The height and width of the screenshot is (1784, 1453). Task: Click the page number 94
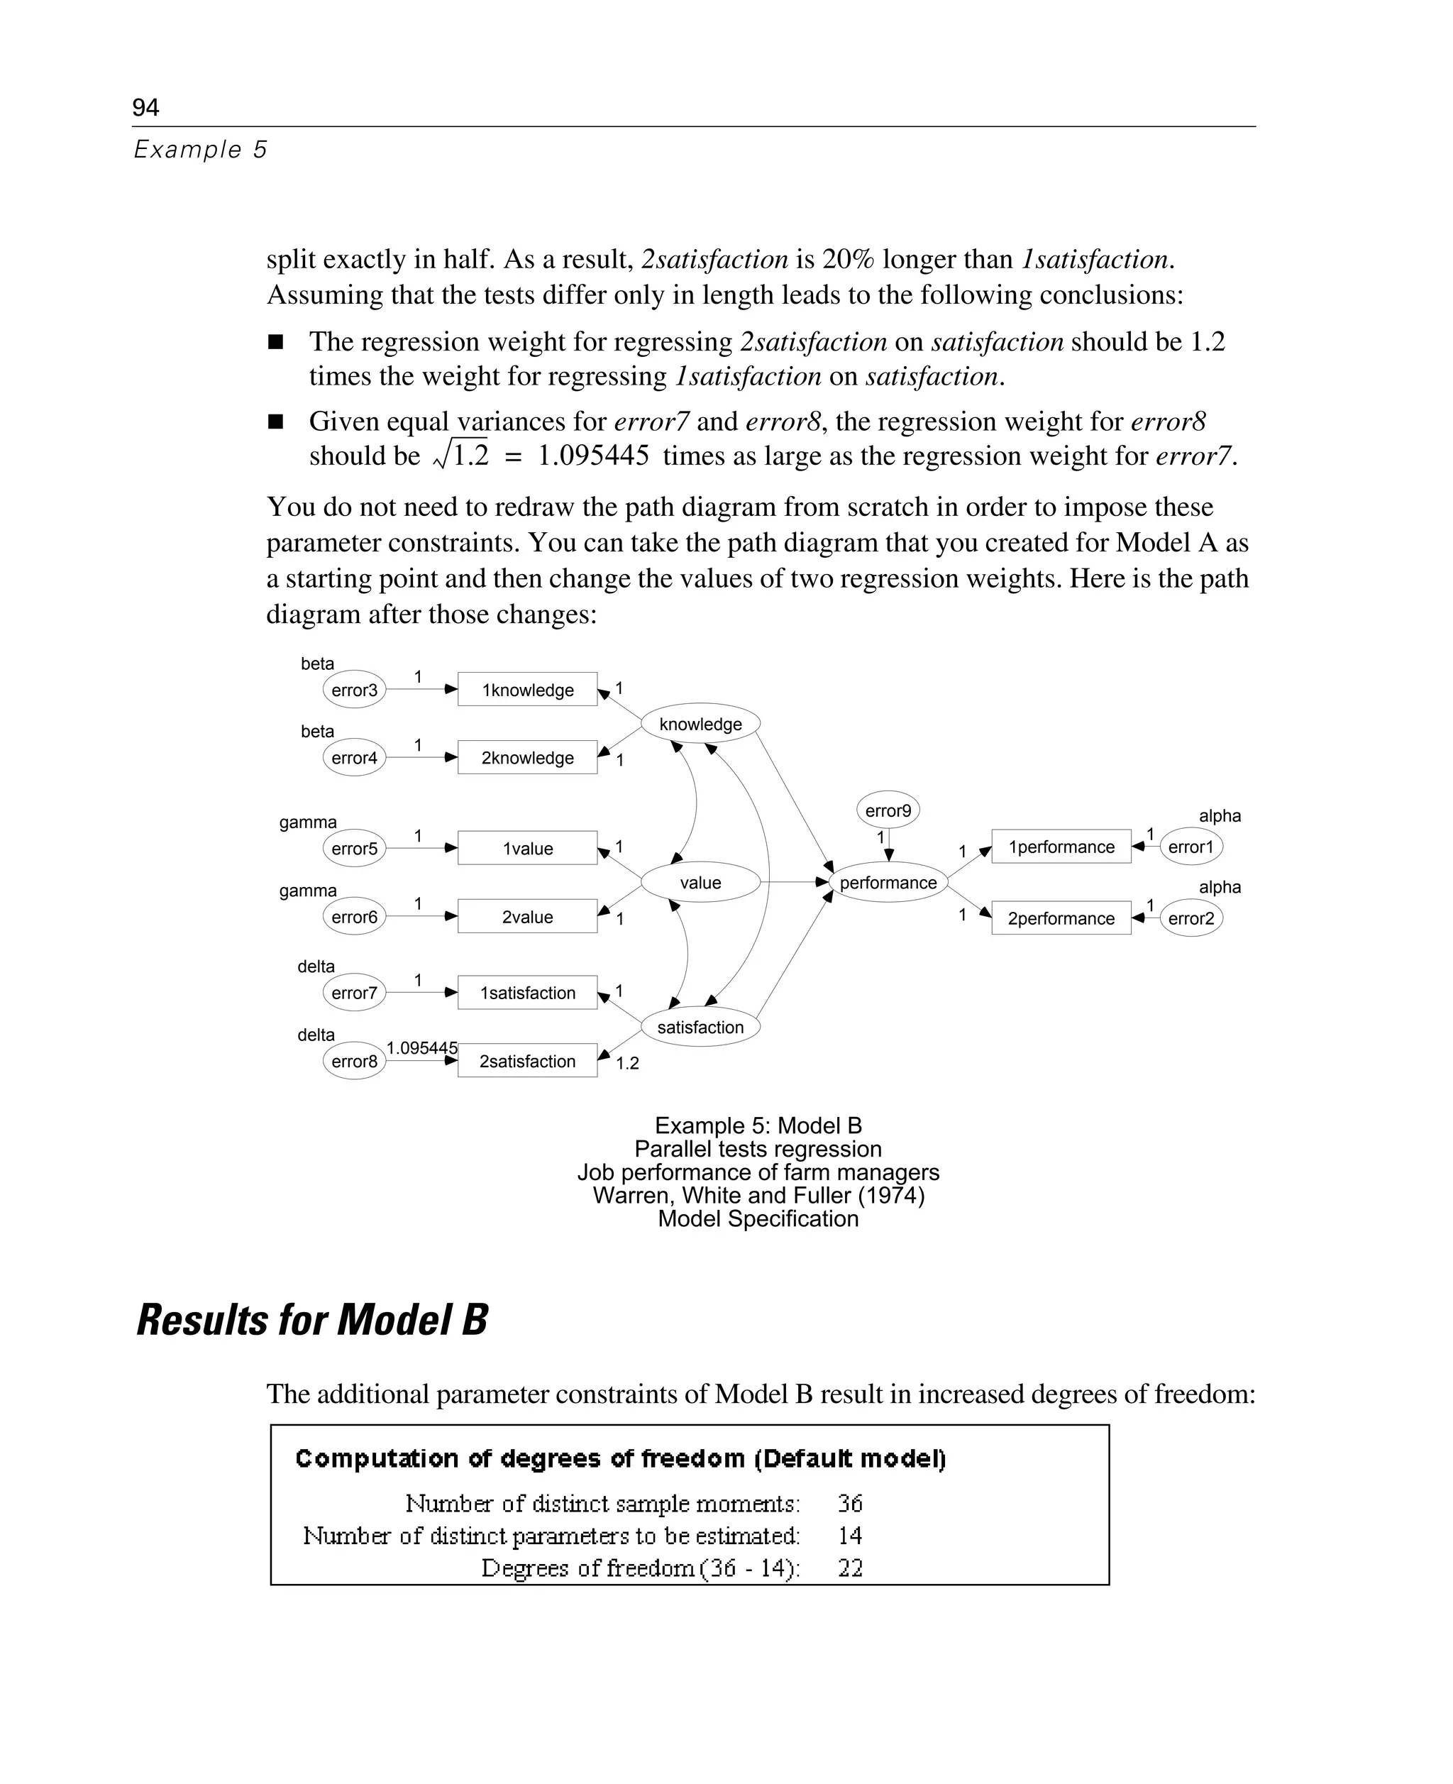[x=145, y=107]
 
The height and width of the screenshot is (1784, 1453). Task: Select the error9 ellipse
[x=888, y=810]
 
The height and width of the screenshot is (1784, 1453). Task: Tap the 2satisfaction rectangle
[x=527, y=1061]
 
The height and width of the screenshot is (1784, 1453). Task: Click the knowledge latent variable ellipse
[x=700, y=723]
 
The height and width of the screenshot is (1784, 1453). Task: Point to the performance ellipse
[x=888, y=882]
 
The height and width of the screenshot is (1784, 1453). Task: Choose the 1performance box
[x=1061, y=847]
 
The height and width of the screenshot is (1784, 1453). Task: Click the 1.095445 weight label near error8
[x=422, y=1047]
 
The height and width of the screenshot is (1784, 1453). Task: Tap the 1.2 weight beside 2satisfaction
[x=627, y=1063]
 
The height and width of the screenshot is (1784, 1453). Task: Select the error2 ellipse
[x=1190, y=918]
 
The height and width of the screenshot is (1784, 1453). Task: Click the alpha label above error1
[x=1220, y=815]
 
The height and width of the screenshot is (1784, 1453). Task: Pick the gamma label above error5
[x=308, y=822]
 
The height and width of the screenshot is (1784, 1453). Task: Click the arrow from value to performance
[x=793, y=881]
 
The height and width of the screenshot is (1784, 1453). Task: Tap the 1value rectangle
[x=527, y=848]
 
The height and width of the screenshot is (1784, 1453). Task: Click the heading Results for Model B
[x=312, y=1319]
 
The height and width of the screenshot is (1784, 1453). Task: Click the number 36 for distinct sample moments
[x=849, y=1503]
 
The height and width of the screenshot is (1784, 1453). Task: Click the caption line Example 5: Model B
[x=758, y=1125]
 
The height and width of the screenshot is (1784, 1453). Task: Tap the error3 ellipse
[x=354, y=690]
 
